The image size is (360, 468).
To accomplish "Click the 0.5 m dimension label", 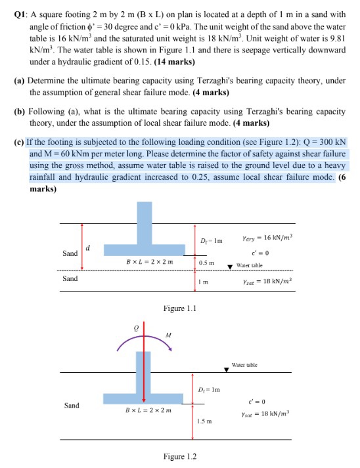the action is [207, 262].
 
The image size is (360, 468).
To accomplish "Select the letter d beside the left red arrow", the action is [89, 247].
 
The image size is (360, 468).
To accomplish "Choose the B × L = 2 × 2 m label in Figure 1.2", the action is [148, 411].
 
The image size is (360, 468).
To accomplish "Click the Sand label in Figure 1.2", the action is [71, 405].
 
